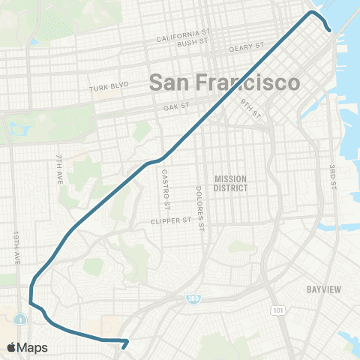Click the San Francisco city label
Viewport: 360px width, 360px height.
(224, 82)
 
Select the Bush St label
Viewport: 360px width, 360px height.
(193, 43)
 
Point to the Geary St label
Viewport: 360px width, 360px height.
(247, 46)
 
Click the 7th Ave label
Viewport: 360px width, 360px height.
(59, 170)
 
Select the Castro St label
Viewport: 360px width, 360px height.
(167, 190)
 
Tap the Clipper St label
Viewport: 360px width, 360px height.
(170, 221)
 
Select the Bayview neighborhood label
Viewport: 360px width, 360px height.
(325, 289)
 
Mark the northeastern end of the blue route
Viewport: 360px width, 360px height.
(328, 30)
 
